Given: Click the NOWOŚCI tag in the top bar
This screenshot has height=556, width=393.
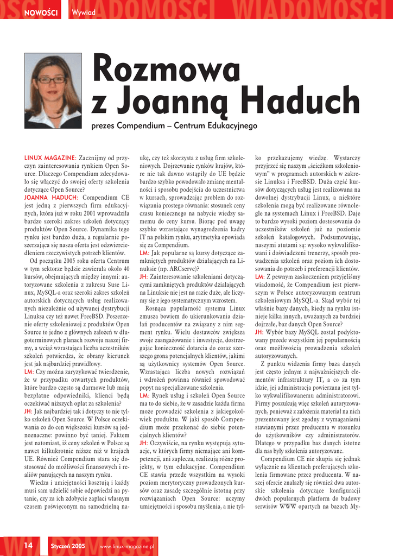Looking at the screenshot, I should pyautogui.click(x=41, y=12).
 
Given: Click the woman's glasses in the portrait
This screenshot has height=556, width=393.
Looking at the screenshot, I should pyautogui.click(x=51, y=80).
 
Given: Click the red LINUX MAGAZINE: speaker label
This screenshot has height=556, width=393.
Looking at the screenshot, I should pyautogui.click(x=50, y=158).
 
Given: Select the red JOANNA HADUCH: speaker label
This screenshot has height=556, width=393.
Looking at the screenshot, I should pyautogui.click(x=52, y=198).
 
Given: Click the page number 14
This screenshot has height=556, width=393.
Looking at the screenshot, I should pyautogui.click(x=28, y=545).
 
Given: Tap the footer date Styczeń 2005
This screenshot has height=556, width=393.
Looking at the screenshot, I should pyautogui.click(x=67, y=545).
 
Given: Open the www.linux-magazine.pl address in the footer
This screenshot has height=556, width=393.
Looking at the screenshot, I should pyautogui.click(x=128, y=545).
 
